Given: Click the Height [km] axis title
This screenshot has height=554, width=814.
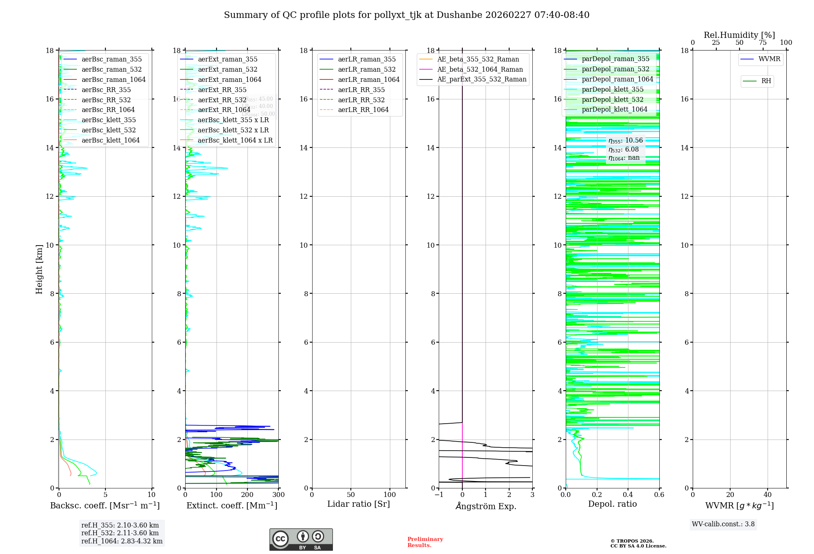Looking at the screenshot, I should [39, 269].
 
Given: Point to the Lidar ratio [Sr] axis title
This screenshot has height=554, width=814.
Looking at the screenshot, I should [359, 504].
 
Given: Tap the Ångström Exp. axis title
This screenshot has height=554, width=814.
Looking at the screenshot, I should [486, 506].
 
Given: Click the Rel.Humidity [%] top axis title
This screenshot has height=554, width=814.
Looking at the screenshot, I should [739, 35].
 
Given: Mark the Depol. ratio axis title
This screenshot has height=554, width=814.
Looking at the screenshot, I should [612, 504].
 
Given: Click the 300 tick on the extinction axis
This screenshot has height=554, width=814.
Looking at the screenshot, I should [278, 495].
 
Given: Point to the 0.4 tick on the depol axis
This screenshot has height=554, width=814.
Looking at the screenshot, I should [628, 495].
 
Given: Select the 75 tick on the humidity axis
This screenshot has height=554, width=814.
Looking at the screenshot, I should [763, 42].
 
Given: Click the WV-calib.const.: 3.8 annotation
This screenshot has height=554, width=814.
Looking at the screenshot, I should [723, 524].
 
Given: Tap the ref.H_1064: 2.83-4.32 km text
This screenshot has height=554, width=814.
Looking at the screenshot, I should [122, 541].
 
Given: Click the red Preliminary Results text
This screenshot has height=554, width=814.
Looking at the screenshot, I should [425, 542].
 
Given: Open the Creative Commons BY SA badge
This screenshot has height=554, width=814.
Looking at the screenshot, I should [301, 539].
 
